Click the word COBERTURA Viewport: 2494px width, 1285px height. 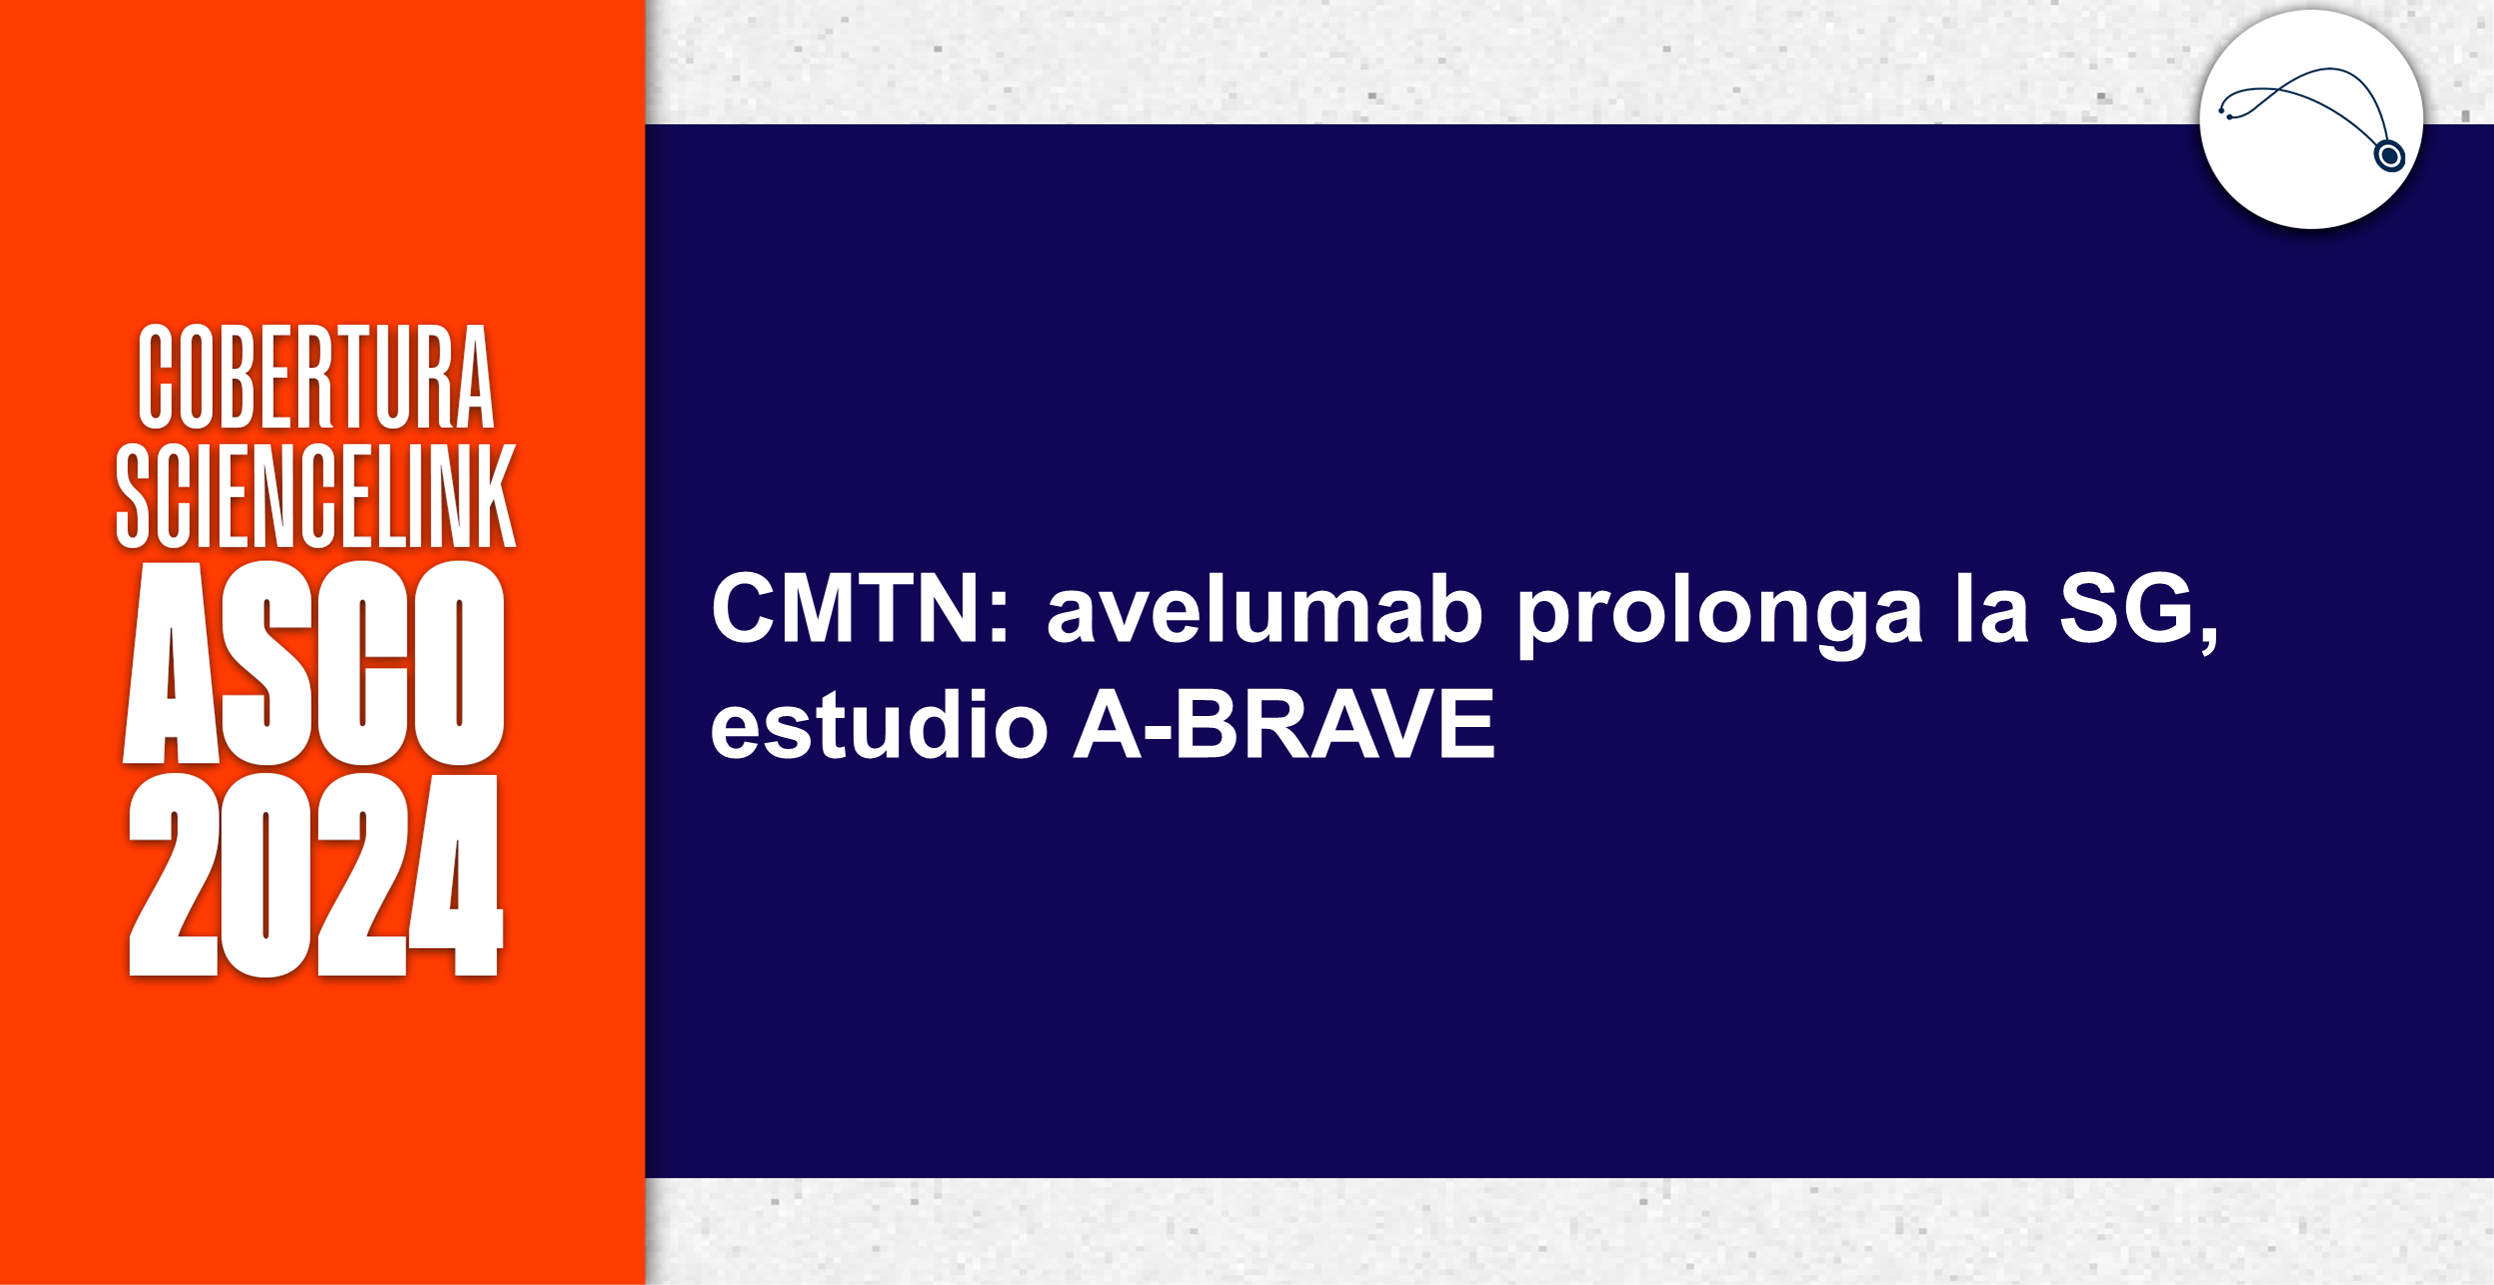coord(316,377)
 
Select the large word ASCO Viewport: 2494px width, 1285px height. coord(314,664)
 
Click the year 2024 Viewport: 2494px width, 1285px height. coord(314,875)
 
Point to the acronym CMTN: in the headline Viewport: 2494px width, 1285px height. coord(860,609)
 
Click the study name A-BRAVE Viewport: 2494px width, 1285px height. coord(1283,724)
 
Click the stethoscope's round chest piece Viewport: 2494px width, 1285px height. coord(2389,156)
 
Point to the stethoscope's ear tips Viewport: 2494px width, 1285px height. coord(2225,112)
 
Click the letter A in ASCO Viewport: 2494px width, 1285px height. coord(171,664)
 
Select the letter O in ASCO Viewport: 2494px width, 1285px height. coord(459,664)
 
